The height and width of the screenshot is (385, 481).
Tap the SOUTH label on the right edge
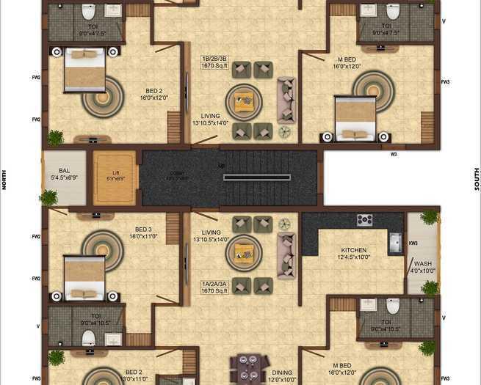477,179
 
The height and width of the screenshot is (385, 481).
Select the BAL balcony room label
65,175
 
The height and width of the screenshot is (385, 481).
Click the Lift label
115,174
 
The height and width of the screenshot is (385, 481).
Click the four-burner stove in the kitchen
364,220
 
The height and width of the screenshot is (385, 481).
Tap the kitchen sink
395,242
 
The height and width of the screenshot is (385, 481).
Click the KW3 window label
413,243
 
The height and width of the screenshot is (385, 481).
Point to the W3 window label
394,154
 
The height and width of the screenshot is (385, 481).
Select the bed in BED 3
84,276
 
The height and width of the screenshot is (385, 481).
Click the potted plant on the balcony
48,197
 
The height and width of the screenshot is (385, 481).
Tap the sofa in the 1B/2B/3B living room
286,100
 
